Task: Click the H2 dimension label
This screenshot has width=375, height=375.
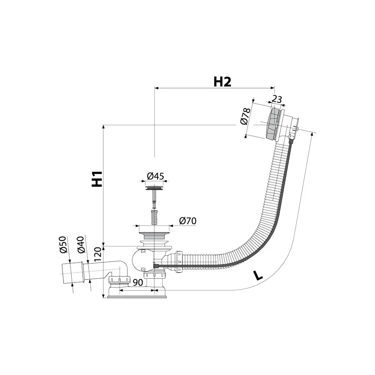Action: (222, 82)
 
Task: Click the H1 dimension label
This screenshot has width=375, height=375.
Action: (97, 179)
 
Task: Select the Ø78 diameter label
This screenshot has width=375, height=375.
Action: (245, 116)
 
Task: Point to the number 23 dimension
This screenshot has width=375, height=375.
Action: (277, 99)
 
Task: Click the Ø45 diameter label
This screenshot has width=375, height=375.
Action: (156, 176)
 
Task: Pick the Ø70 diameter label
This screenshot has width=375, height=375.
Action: (188, 221)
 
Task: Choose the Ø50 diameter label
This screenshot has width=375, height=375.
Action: (63, 244)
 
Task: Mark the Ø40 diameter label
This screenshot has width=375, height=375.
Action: (81, 244)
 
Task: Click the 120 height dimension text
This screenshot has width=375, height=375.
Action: (98, 255)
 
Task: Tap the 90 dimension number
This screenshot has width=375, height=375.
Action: (138, 282)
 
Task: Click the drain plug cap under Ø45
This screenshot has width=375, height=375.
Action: (154, 188)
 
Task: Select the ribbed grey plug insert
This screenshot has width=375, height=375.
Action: (154, 217)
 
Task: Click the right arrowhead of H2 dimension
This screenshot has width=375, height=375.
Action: (272, 88)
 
